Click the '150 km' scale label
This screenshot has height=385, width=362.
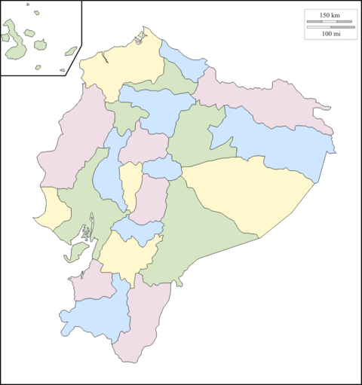coord(330,15)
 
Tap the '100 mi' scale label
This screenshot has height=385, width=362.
coord(330,33)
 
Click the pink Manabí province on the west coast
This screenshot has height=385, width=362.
coord(75,143)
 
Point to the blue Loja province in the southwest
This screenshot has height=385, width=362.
coord(94,313)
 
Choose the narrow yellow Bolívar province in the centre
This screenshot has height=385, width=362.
coord(130,185)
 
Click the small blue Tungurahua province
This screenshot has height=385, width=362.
coord(162,169)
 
